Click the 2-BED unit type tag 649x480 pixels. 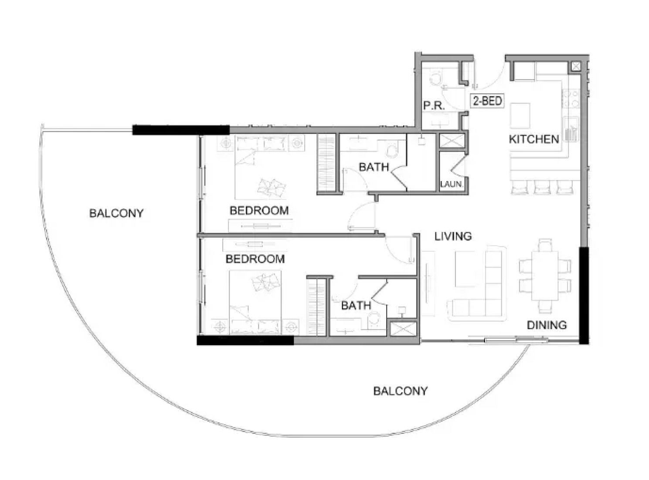coord(487,101)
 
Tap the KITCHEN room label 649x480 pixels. coord(534,139)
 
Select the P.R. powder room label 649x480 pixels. coord(434,106)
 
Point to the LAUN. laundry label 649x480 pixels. coord(452,184)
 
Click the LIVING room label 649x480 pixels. coord(453,236)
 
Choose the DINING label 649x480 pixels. coord(547,325)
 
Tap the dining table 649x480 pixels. coord(545,275)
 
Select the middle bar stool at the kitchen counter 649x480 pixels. coord(542,187)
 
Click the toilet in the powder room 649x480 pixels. coord(436,79)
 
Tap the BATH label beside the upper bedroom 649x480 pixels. coord(374,167)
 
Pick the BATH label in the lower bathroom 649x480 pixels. coord(356,305)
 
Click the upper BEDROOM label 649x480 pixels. coord(259,211)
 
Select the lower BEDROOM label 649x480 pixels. coord(255,259)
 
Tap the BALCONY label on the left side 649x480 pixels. coord(116,213)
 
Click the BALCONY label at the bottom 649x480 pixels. coord(400,391)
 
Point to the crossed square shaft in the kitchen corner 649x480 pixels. coord(575,67)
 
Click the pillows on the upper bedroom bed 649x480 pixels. coord(272,188)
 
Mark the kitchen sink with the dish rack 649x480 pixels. coord(571,129)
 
